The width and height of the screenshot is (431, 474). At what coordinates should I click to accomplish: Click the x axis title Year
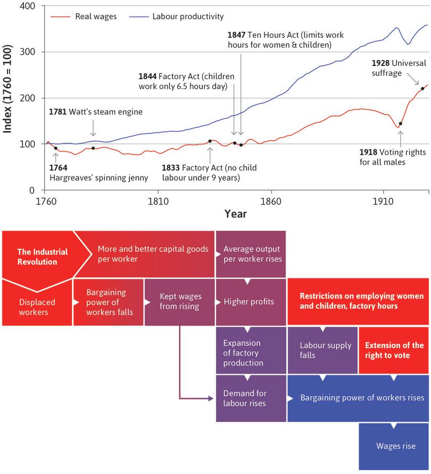coord(235,214)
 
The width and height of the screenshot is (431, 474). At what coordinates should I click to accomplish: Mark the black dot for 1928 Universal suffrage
coord(422,88)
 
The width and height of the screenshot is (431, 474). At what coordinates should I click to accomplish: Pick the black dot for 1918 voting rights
coord(400,124)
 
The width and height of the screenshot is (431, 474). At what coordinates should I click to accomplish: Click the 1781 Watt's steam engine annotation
coord(96,112)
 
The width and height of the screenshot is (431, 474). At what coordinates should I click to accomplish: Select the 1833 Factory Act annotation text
coord(209,173)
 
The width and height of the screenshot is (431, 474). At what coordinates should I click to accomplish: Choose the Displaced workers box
coord(37,307)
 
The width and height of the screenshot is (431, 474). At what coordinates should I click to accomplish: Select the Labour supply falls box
coord(322,350)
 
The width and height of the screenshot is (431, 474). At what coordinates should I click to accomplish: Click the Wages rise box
coord(395,446)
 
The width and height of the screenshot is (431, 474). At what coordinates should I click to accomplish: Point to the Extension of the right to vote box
coord(394,350)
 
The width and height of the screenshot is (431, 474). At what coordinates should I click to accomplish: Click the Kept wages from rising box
coord(179,302)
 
